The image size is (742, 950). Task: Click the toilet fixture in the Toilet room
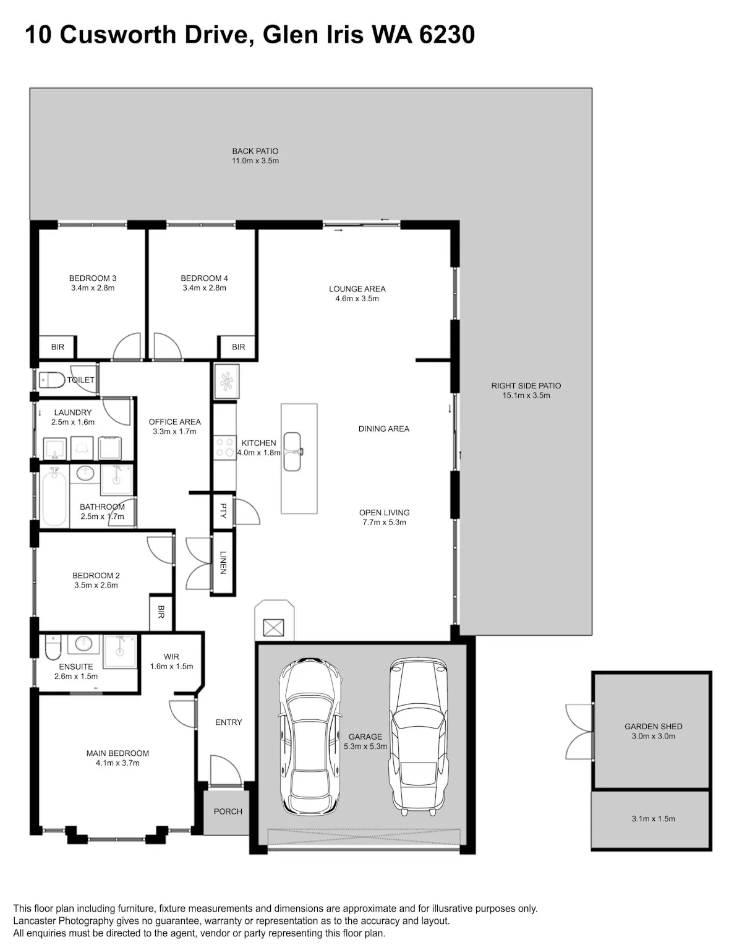51,380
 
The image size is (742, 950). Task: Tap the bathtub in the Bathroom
54,496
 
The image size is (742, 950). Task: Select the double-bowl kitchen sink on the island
292,451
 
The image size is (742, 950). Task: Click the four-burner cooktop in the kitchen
224,448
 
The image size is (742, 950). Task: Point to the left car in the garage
310,737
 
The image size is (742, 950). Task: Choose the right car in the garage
419,737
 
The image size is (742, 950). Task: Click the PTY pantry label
223,511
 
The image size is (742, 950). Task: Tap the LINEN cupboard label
223,562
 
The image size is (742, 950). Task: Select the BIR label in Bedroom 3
58,347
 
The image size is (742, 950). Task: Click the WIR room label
171,657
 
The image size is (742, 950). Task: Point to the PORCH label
228,811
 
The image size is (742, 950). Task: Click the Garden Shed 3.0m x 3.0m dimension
654,736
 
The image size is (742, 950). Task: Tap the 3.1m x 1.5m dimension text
654,819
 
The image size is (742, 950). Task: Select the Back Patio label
255,151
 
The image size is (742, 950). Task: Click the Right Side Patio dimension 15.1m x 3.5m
526,395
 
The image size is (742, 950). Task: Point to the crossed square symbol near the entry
273,628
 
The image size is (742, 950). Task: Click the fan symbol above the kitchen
227,382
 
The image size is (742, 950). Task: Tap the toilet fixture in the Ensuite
53,647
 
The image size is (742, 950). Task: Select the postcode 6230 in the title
447,35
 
